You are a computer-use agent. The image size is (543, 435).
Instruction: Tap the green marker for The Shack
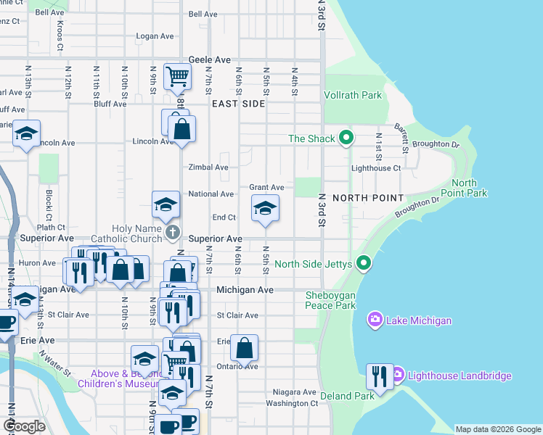click(347, 138)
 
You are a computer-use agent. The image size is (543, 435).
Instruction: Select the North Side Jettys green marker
click(365, 264)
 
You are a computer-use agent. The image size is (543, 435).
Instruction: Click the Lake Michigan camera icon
click(375, 319)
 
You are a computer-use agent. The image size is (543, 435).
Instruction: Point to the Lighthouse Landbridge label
click(460, 376)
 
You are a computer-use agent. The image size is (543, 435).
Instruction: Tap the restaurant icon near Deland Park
click(380, 376)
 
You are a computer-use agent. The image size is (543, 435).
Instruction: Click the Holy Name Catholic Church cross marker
click(172, 232)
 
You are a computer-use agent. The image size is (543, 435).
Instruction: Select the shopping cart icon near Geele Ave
click(178, 75)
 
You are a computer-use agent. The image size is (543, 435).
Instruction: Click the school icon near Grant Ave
click(265, 210)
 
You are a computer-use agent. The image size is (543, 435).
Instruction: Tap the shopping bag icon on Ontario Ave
click(245, 347)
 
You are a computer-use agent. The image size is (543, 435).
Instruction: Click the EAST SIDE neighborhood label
click(239, 104)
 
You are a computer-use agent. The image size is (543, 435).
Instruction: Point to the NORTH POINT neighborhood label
click(367, 198)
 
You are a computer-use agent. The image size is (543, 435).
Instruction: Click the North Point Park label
click(469, 188)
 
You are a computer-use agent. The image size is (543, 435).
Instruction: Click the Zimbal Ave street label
click(208, 167)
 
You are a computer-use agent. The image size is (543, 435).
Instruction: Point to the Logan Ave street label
click(152, 36)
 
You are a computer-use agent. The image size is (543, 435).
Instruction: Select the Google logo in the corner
click(24, 426)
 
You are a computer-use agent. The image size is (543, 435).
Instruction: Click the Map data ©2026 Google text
click(497, 429)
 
